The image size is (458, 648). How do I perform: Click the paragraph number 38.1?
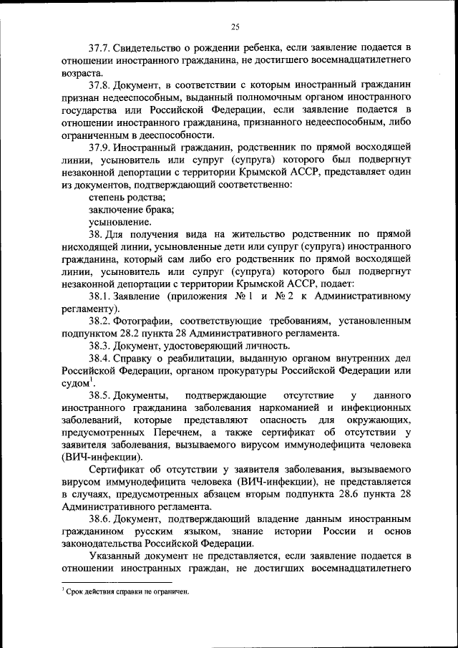101,296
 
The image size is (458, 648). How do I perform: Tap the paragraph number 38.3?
101,345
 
